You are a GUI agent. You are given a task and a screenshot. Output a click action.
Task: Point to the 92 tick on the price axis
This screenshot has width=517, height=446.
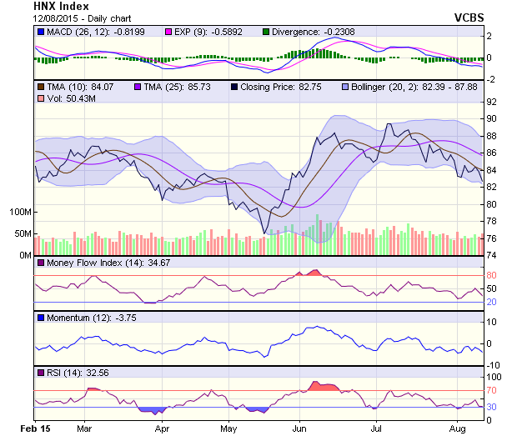(492, 102)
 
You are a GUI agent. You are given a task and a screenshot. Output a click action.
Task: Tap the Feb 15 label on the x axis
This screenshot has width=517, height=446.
(35, 428)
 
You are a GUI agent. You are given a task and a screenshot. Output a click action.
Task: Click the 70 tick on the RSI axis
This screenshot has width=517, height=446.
(492, 389)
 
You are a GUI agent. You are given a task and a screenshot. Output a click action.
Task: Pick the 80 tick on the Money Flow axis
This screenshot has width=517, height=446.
(492, 275)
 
